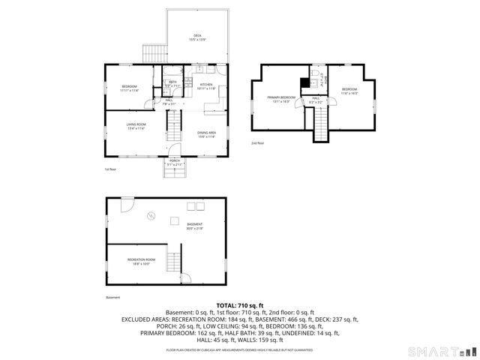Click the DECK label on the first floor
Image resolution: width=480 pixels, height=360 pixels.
(x=197, y=37)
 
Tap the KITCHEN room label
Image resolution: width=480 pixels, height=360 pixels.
(x=206, y=86)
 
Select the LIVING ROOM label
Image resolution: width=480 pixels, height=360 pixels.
(x=136, y=126)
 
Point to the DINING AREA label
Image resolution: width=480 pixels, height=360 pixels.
(x=207, y=134)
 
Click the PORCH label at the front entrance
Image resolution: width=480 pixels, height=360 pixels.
(x=174, y=162)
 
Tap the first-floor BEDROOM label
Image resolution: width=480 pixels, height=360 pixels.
(x=130, y=88)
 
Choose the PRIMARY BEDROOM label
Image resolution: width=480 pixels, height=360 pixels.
(x=282, y=99)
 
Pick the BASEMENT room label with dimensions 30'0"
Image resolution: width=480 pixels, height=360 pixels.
(x=194, y=226)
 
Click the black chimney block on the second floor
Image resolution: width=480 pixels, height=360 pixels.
(x=304, y=83)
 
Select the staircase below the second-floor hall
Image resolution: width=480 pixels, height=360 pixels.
(x=320, y=124)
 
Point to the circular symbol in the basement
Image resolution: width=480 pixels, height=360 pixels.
(x=151, y=216)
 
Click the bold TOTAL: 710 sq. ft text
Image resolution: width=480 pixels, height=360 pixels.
(x=239, y=307)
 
